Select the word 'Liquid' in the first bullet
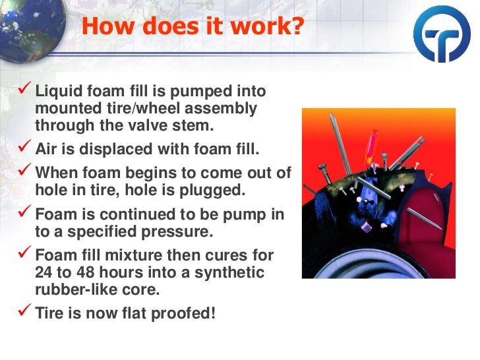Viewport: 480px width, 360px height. (x=58, y=92)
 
